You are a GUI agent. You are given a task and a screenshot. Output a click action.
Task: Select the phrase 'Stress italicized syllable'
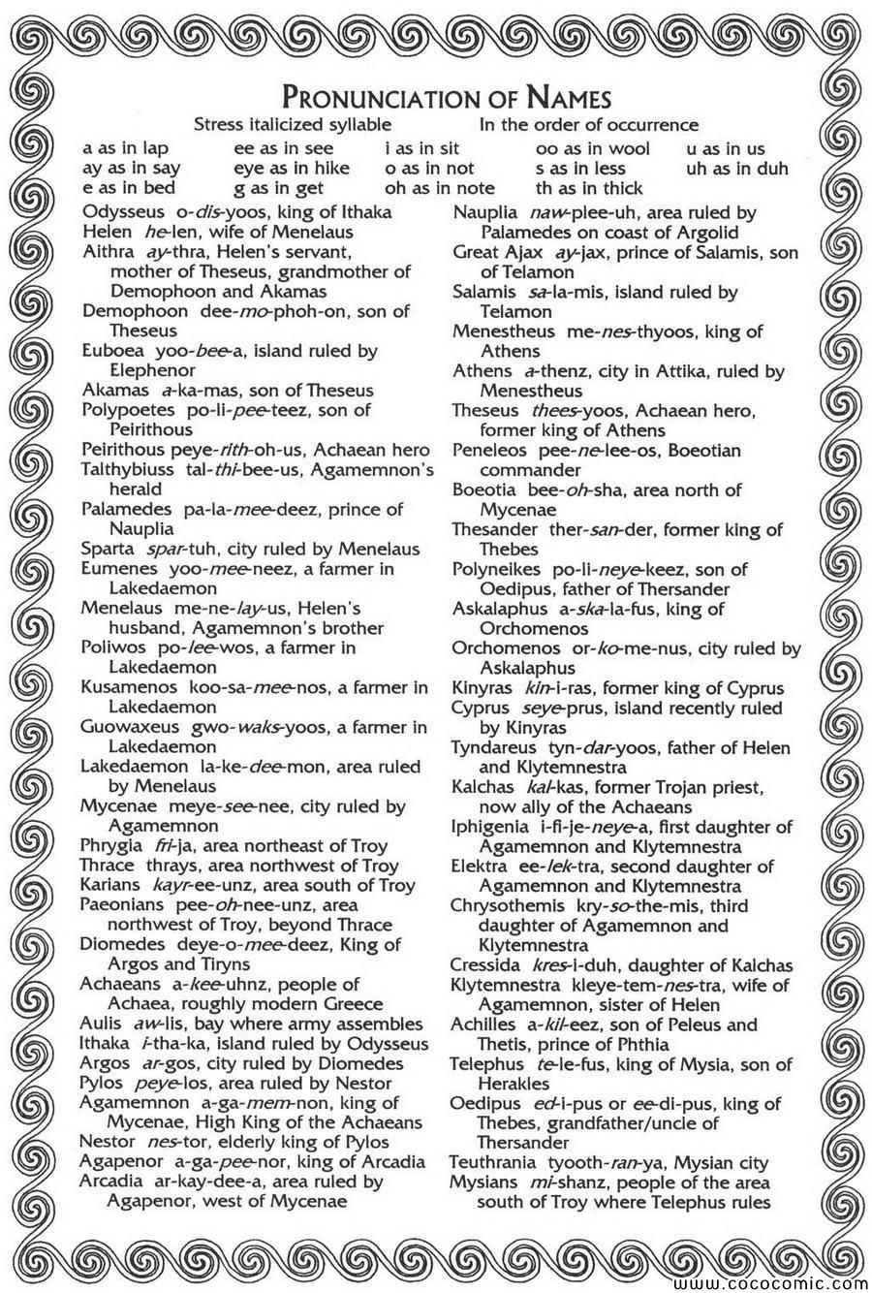[293, 125]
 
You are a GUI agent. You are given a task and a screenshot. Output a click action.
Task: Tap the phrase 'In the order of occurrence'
[588, 125]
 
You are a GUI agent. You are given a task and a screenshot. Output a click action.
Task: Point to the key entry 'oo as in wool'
[592, 149]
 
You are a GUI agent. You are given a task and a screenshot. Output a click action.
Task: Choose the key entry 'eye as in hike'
[292, 169]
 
